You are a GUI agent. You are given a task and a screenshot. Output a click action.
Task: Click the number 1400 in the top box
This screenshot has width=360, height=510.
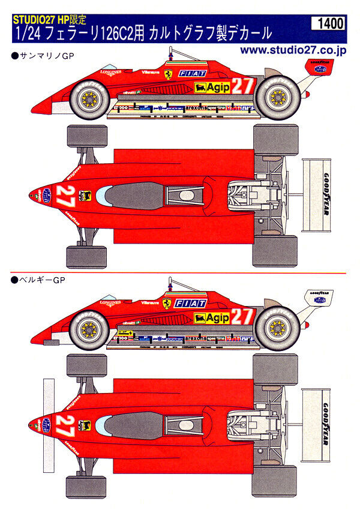click(329, 24)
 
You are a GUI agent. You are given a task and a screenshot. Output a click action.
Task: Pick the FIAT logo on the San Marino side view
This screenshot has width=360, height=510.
click(192, 73)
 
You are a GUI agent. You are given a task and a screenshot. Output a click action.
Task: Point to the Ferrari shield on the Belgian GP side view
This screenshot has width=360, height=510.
click(166, 304)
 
